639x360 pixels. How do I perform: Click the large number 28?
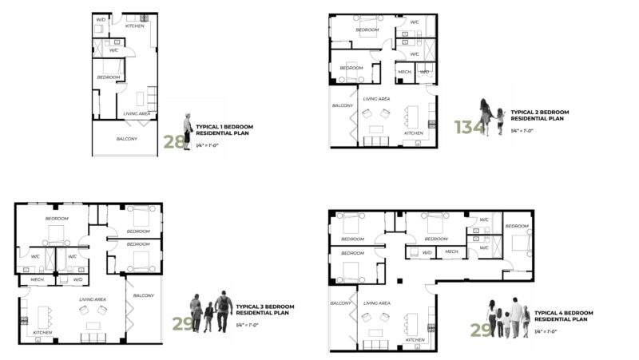coord(173,142)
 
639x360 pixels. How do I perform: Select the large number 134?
coord(469,126)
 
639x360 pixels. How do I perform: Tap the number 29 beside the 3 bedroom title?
coord(182,322)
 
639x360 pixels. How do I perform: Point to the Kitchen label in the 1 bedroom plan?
coord(136,26)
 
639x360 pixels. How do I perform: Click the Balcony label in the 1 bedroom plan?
coord(126,139)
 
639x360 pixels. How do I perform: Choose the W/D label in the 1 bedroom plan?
coord(101,18)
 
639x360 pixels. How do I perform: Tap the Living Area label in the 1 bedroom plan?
coord(137,113)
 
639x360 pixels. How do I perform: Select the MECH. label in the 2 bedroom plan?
coord(404,72)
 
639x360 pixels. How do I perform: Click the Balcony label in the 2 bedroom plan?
coord(343,105)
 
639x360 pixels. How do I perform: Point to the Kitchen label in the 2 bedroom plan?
coord(414,133)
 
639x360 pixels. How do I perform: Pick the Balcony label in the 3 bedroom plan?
coord(144,295)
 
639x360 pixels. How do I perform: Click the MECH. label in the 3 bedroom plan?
coord(38,280)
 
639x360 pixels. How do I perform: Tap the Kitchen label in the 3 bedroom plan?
coord(42,332)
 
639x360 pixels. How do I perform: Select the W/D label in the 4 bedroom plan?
coord(427,252)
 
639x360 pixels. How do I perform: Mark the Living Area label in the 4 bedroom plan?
coord(376,303)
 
